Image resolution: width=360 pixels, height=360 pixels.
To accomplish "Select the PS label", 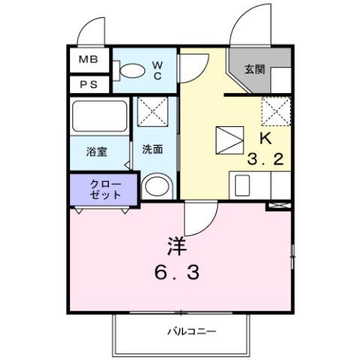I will (88, 85).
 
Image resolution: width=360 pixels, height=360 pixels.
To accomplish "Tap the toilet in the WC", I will (134, 71).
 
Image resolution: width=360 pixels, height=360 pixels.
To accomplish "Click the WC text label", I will (159, 71).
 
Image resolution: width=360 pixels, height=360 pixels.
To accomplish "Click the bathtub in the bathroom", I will (100, 117).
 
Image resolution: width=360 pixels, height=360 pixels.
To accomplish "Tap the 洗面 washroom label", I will (153, 149).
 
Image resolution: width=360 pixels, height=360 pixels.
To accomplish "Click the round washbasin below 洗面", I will (158, 187).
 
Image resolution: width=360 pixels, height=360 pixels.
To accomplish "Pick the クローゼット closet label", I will (104, 189).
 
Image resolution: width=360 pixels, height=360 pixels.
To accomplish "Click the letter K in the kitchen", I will (265, 138).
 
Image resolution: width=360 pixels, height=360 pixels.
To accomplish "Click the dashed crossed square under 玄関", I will (275, 113).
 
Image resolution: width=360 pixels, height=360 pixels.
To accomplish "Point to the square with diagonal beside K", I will (230, 141).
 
